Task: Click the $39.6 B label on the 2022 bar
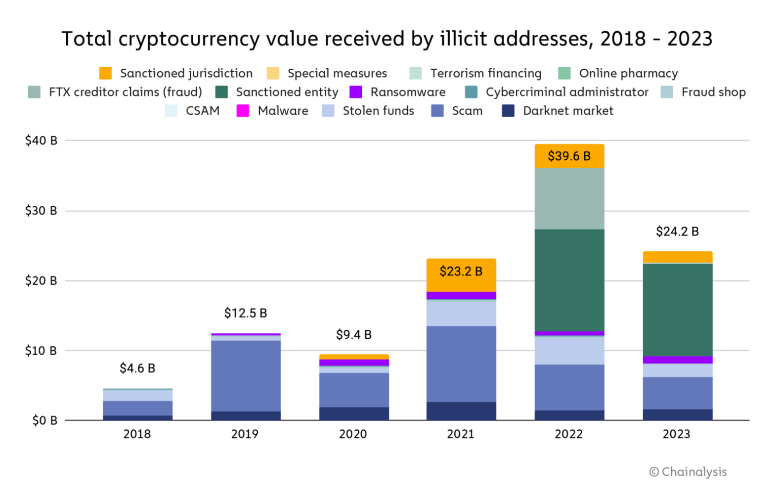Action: (569, 156)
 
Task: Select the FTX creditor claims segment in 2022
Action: (569, 198)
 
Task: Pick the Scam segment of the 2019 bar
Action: (246, 375)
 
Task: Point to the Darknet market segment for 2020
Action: (354, 413)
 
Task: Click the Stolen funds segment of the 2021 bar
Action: (461, 313)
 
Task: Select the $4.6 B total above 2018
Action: (137, 368)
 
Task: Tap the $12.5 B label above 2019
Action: (246, 313)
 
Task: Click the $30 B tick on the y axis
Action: (42, 211)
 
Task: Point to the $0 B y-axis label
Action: (44, 421)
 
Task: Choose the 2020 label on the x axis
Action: (353, 434)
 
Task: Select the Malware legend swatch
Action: (243, 111)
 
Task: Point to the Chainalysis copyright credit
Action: (688, 472)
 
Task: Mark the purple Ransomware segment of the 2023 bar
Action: (677, 360)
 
